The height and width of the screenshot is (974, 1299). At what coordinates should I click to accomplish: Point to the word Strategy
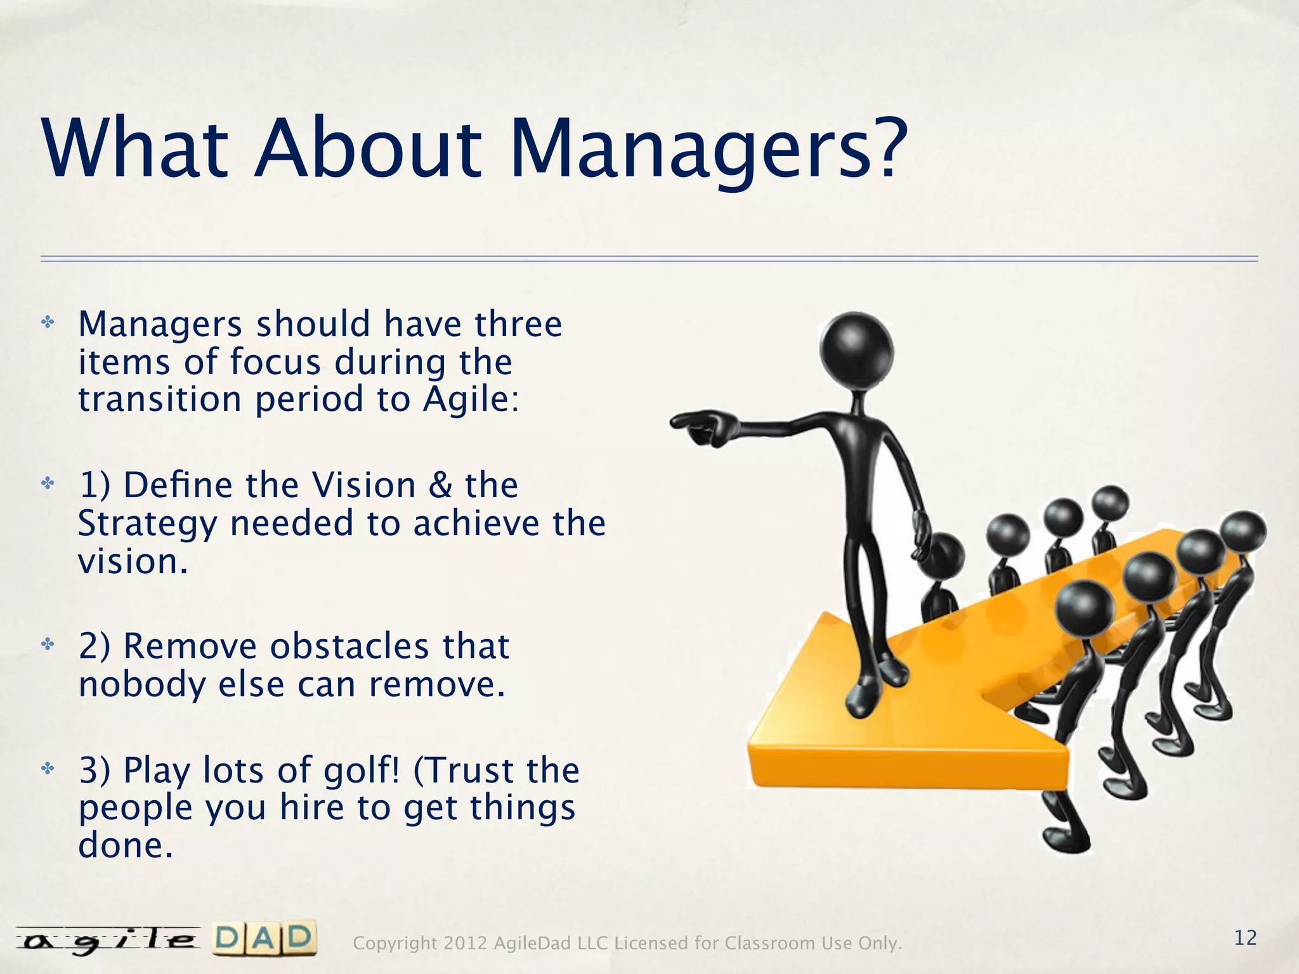(147, 525)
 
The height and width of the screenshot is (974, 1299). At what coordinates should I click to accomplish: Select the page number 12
(1246, 937)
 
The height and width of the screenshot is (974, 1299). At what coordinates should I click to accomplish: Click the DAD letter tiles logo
(264, 939)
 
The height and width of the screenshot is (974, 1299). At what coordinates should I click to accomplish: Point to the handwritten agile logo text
(107, 941)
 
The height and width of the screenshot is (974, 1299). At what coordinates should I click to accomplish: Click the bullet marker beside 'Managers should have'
(47, 323)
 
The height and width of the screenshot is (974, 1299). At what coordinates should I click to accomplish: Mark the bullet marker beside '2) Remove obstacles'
(47, 645)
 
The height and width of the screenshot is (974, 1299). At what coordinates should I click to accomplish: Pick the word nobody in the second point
(143, 685)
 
